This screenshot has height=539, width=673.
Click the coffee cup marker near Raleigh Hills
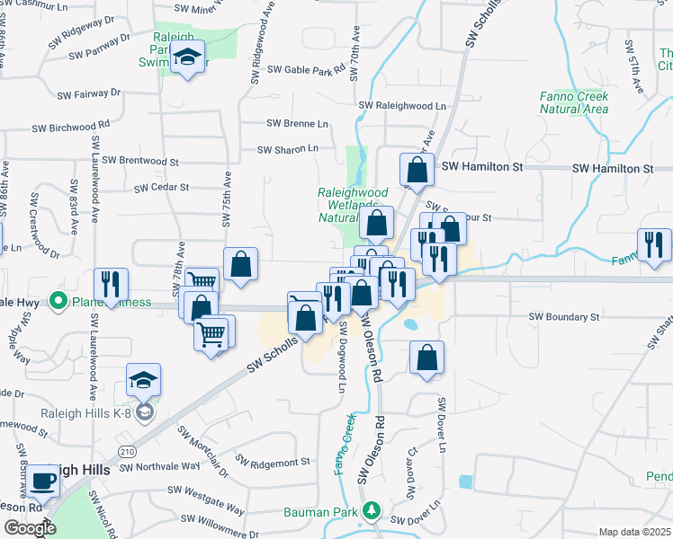click(x=43, y=482)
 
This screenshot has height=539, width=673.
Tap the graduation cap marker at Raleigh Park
click(x=187, y=57)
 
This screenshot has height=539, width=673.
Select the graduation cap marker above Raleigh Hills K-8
click(x=143, y=381)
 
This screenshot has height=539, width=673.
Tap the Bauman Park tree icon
click(x=371, y=512)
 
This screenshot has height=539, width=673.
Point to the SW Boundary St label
click(x=563, y=317)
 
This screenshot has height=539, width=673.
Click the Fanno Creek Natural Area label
click(x=574, y=102)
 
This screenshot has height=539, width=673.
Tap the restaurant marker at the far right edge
click(x=654, y=245)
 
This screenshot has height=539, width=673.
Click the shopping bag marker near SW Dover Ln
click(x=426, y=357)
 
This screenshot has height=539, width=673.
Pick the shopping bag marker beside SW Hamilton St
click(x=417, y=170)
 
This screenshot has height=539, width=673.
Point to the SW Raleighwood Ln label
click(x=402, y=106)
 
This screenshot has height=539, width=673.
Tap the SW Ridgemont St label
click(x=273, y=462)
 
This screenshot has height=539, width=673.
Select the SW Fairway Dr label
click(x=88, y=93)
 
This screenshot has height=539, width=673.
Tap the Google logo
click(x=30, y=528)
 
